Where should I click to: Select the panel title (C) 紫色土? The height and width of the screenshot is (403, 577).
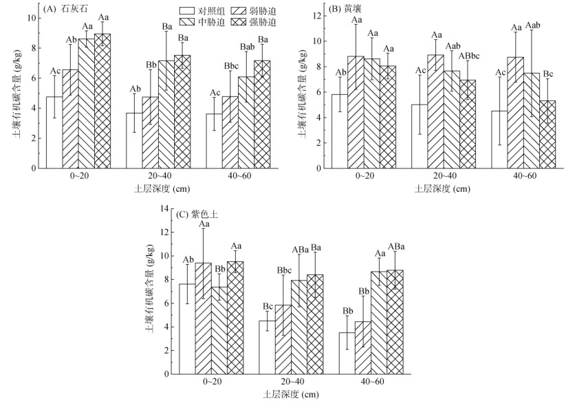pyautogui.click(x=199, y=215)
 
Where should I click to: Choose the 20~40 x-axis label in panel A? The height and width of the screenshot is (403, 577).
pyautogui.click(x=157, y=177)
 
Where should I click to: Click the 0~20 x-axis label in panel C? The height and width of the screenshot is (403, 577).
pyautogui.click(x=210, y=382)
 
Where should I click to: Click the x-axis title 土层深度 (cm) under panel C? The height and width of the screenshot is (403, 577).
pyautogui.click(x=291, y=395)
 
